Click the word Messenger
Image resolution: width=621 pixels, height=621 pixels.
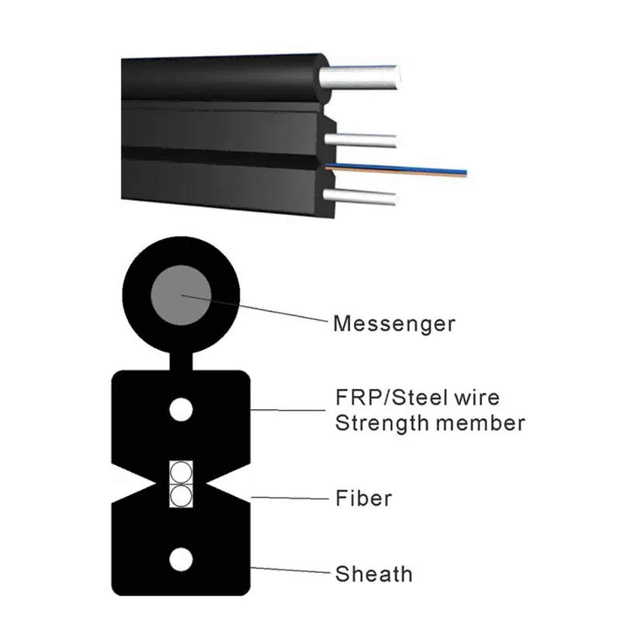coord(394,323)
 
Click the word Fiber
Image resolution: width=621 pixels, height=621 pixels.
coord(363,497)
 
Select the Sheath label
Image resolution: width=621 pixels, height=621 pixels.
coord(373,574)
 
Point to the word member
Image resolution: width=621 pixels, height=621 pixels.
coord(482,424)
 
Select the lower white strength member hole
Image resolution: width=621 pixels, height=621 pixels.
coord(181,558)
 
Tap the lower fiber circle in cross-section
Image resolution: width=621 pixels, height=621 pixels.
coord(180,496)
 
